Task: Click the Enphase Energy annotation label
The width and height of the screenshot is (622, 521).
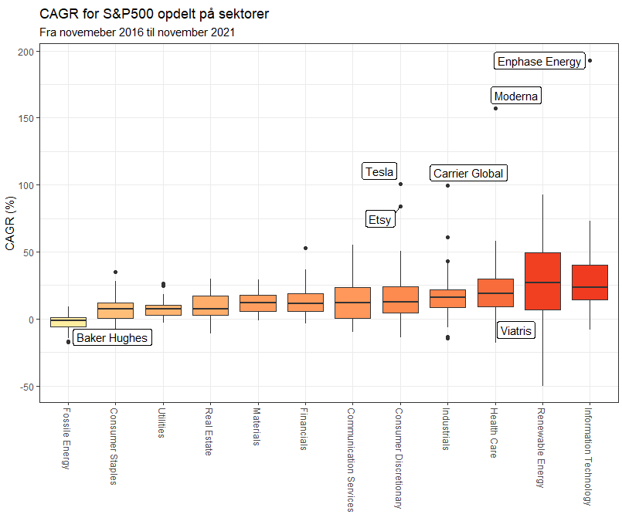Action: [539, 62]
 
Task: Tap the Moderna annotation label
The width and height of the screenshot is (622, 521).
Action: [516, 96]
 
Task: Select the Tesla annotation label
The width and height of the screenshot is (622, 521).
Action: [379, 172]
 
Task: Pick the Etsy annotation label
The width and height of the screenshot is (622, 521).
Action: [379, 220]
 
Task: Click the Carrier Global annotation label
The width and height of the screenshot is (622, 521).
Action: [468, 174]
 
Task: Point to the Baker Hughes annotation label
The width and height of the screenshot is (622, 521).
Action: [112, 338]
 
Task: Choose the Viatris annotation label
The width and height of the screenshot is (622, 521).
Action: [516, 331]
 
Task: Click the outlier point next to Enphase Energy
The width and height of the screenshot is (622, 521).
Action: [590, 61]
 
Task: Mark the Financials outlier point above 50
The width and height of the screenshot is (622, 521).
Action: [305, 249]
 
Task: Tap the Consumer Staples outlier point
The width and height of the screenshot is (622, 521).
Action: [115, 272]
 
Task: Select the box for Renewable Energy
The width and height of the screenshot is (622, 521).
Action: [542, 281]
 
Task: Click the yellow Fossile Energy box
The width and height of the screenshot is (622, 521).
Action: [68, 321]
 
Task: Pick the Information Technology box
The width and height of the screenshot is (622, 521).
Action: [590, 282]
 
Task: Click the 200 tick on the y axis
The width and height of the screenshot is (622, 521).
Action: [25, 52]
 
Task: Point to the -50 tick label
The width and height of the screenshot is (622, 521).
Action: [25, 387]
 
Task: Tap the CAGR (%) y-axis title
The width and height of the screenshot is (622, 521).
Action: [10, 224]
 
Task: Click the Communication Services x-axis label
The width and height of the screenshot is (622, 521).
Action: [350, 459]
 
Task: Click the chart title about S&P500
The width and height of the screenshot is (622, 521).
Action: [154, 15]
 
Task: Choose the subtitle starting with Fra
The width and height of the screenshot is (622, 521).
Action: [137, 32]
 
